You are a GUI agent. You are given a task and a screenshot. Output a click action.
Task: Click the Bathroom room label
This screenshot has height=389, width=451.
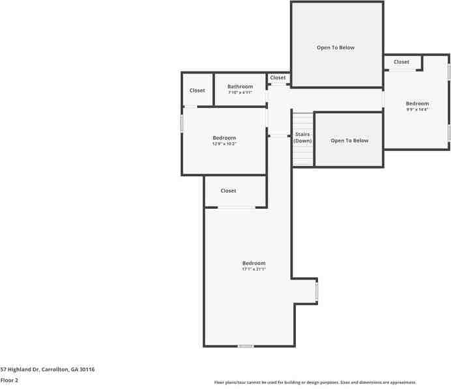pyautogui.click(x=240, y=87)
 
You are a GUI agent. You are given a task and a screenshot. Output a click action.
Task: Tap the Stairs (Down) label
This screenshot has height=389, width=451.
pyautogui.click(x=302, y=137)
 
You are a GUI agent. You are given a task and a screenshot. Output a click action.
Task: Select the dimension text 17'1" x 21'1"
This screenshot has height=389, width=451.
pyautogui.click(x=254, y=269)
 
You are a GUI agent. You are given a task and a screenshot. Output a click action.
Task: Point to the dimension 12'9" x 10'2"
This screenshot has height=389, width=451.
pyautogui.click(x=224, y=144)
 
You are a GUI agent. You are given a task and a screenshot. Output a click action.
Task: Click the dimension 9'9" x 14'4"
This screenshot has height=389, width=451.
pyautogui.click(x=417, y=109)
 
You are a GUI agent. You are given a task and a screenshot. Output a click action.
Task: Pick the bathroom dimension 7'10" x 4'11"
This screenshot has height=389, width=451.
pyautogui.click(x=240, y=92)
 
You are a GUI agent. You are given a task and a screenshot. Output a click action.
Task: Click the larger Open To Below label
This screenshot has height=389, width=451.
pyautogui.click(x=336, y=47)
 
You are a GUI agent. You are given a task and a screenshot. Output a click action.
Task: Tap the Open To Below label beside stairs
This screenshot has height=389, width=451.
pyautogui.click(x=349, y=141)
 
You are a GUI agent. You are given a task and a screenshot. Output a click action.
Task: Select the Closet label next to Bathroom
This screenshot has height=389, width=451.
pyautogui.click(x=197, y=90)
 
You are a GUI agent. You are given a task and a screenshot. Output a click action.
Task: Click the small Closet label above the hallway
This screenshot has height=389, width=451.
pyautogui.click(x=278, y=77)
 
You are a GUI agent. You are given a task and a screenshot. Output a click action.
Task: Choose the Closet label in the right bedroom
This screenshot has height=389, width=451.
pyautogui.click(x=401, y=62)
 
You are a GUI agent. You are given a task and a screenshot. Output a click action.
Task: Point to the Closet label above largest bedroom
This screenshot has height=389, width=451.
pyautogui.click(x=228, y=191)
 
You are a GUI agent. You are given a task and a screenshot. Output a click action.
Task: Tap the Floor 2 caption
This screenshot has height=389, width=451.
pyautogui.click(x=9, y=380)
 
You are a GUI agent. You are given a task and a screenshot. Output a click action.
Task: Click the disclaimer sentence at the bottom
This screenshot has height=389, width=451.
pyautogui.click(x=315, y=382)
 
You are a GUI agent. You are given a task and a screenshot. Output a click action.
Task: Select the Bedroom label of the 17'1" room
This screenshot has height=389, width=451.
pyautogui.click(x=254, y=263)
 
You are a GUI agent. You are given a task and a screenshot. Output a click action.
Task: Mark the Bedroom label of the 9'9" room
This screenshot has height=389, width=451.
pyautogui.click(x=417, y=103)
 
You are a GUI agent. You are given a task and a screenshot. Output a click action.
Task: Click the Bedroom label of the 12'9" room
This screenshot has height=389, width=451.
pyautogui.click(x=224, y=138)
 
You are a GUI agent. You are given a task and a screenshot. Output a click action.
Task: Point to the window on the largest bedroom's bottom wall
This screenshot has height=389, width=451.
pyautogui.click(x=245, y=346)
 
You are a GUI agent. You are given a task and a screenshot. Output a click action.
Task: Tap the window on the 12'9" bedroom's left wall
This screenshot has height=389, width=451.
pyautogui.click(x=182, y=124)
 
